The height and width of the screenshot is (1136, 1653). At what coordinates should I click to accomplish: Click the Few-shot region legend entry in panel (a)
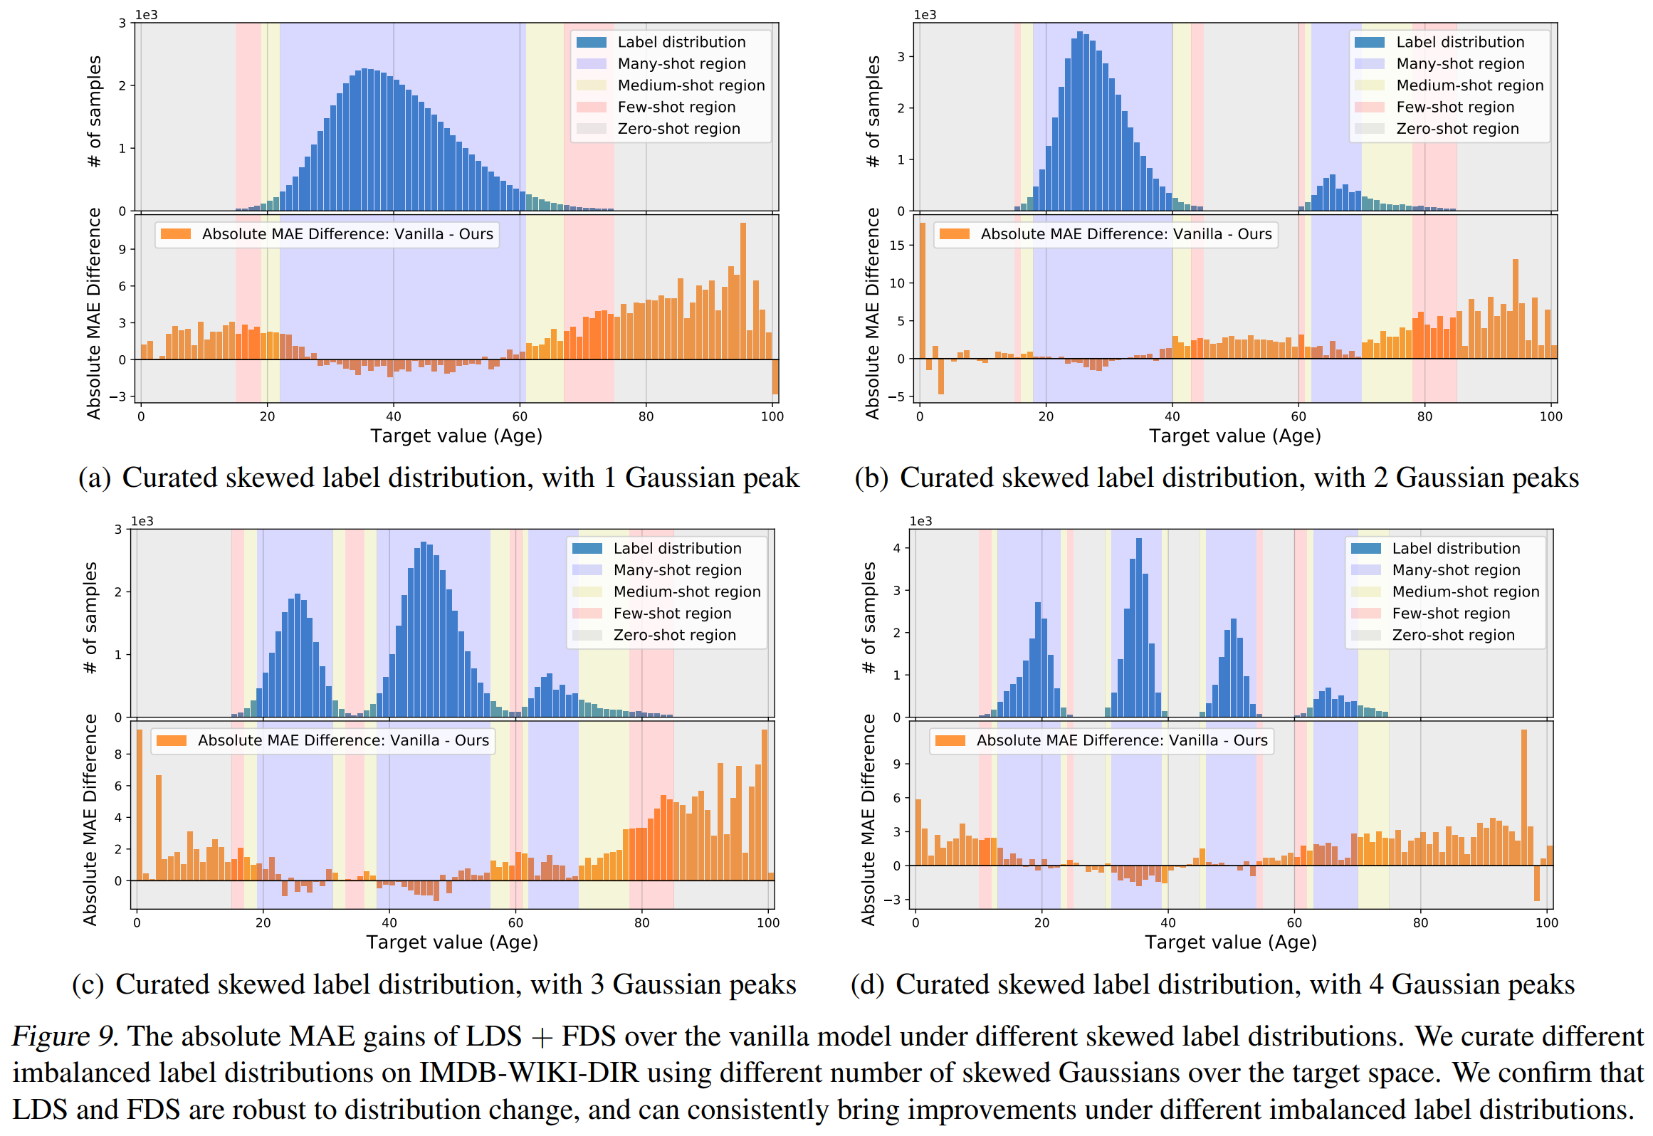click(x=676, y=107)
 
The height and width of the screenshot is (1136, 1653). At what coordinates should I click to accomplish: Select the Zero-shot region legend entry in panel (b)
click(x=1457, y=129)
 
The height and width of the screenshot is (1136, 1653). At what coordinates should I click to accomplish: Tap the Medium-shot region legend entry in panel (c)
click(x=687, y=592)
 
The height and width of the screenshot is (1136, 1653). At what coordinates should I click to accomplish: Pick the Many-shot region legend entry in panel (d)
click(x=1456, y=570)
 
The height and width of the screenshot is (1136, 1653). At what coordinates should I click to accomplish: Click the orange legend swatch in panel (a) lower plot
click(x=176, y=234)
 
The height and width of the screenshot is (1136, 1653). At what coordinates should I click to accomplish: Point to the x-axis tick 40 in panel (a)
click(x=393, y=416)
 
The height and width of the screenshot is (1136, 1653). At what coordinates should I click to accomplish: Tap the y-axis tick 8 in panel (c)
click(x=118, y=754)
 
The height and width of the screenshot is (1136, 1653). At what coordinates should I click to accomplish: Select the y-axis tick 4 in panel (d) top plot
click(x=897, y=548)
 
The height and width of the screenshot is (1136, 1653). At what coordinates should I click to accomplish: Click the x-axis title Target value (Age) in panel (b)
click(x=1234, y=436)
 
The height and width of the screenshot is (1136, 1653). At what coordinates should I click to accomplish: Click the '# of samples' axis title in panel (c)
click(x=90, y=618)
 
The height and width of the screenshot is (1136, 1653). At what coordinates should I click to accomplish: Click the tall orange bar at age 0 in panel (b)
click(x=923, y=290)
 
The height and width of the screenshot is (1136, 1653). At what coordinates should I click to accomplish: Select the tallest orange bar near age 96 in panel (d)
click(x=1524, y=797)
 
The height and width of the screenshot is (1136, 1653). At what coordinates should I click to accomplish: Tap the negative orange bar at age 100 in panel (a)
click(x=775, y=377)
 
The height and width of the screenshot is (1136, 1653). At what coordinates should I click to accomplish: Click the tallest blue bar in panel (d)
click(x=1139, y=626)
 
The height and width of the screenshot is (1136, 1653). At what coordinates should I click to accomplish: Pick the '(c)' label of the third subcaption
click(x=88, y=985)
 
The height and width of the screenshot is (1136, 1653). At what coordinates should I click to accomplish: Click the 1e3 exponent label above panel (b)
click(x=925, y=15)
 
